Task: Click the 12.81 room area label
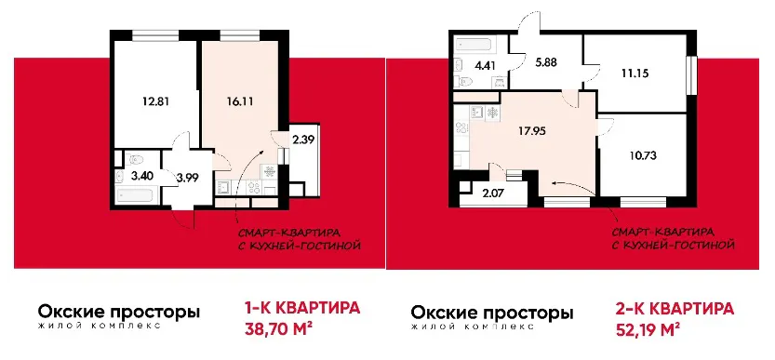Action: tap(153, 102)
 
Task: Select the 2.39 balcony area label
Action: tap(303, 140)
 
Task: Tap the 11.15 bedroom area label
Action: tap(635, 73)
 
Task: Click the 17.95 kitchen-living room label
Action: tap(534, 132)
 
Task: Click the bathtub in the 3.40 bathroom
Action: tap(136, 195)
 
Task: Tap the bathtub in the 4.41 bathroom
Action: tap(477, 45)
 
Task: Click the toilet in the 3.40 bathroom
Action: tap(134, 158)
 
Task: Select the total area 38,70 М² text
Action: tap(280, 327)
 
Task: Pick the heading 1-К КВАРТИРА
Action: tap(302, 308)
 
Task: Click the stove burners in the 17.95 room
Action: tap(461, 128)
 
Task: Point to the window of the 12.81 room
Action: tap(155, 33)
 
